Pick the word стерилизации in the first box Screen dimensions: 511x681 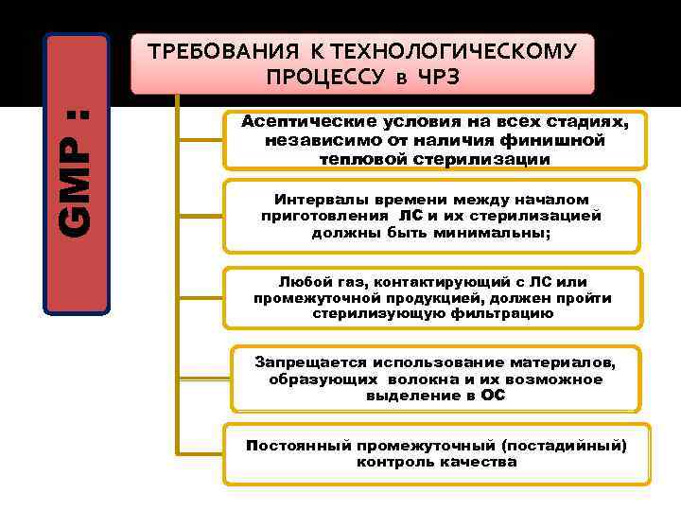click(x=493, y=160)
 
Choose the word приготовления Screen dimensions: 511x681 click(x=321, y=216)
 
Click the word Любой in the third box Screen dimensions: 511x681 click(x=304, y=282)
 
